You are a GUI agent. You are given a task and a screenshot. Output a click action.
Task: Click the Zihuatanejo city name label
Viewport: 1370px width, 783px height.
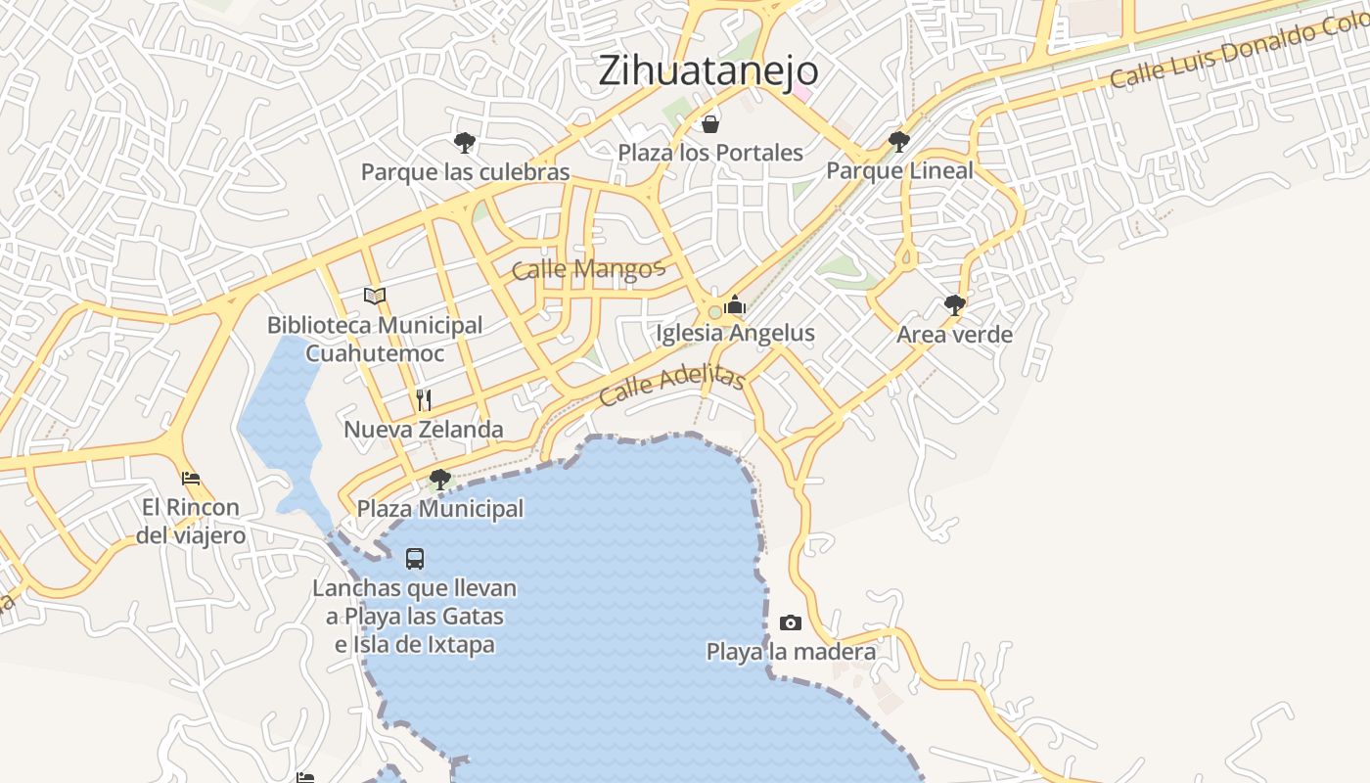(708, 70)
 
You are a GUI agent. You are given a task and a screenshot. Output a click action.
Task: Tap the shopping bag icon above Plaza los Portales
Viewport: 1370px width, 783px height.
(710, 124)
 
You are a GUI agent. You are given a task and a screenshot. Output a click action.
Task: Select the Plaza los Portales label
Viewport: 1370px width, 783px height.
(710, 153)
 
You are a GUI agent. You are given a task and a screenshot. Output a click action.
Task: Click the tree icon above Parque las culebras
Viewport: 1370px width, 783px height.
(465, 143)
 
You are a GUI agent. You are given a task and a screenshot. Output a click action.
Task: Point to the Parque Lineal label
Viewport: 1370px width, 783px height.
(899, 170)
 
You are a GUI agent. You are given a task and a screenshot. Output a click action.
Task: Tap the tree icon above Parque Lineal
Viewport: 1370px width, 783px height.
(898, 142)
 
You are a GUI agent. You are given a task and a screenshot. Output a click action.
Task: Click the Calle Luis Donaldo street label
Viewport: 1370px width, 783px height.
(1238, 54)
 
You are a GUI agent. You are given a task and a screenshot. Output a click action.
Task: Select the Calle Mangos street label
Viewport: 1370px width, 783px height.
(588, 269)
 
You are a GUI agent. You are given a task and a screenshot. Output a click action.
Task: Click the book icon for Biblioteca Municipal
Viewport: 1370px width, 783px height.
(375, 296)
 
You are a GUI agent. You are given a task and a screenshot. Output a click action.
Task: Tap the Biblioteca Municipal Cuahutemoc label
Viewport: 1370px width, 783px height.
(375, 339)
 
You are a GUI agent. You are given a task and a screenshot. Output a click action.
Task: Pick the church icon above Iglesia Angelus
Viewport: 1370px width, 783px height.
(735, 304)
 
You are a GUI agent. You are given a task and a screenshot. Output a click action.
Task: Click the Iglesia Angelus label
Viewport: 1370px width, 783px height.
(735, 333)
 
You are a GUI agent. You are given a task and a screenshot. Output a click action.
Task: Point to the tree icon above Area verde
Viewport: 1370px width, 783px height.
(955, 305)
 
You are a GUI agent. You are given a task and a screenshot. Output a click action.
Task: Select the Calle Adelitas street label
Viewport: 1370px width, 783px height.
(671, 387)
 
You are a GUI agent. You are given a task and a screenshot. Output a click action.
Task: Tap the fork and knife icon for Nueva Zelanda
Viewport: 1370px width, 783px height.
(424, 399)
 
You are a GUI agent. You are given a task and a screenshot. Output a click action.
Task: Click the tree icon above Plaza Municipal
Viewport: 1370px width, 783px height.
(440, 480)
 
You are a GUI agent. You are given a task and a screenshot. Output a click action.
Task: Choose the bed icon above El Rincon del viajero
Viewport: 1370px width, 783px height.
(191, 479)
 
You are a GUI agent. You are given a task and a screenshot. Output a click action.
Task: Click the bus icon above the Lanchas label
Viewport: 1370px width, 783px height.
(415, 559)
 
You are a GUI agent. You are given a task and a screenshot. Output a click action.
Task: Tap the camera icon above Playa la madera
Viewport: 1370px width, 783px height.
(791, 623)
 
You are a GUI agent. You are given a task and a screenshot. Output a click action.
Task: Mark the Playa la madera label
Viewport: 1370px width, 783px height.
(791, 652)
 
